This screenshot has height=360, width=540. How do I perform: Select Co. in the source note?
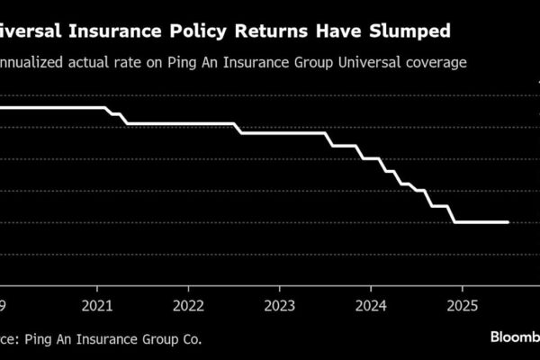(x=190, y=339)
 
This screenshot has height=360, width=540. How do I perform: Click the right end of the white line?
(x=508, y=221)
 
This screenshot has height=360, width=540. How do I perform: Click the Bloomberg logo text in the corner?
(x=514, y=337)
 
